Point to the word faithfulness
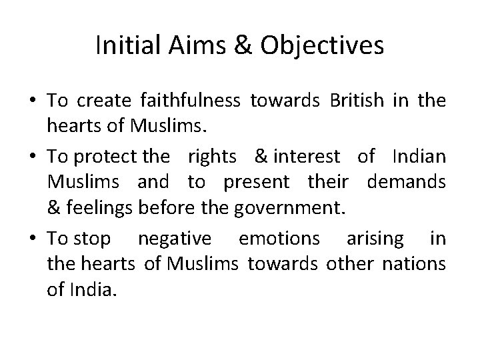[x=191, y=101]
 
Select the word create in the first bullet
[x=105, y=101]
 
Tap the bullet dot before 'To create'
[x=33, y=101]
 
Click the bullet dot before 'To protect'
[x=33, y=157]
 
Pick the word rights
[x=212, y=157]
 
